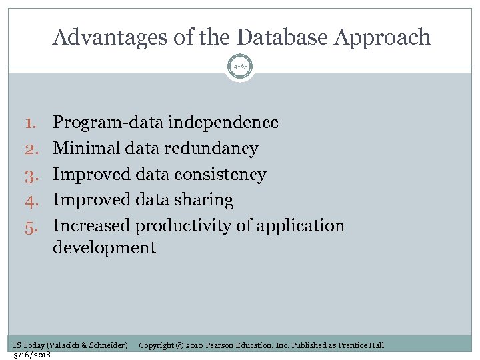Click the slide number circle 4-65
pos(240,67)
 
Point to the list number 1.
pos(33,123)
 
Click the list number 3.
pos(33,175)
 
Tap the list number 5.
pos(33,226)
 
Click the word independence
pos(223,123)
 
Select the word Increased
pos(91,226)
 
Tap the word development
pos(104,249)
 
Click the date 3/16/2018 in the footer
pos(32,355)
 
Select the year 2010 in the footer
pos(195,345)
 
